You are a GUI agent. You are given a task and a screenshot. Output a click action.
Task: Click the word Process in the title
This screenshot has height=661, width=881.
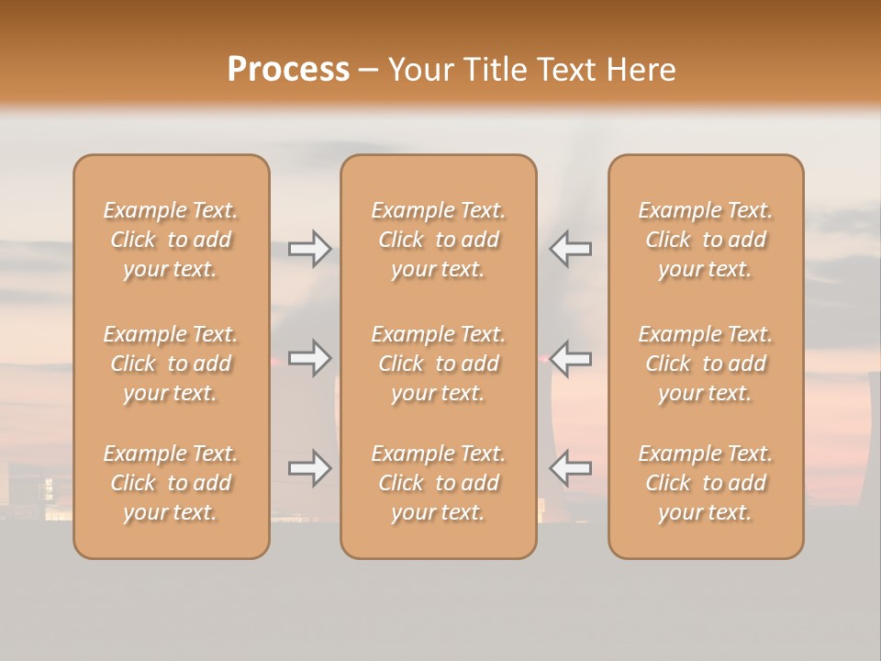point(288,70)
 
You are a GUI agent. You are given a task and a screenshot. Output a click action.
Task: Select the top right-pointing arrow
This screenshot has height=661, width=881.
point(309,249)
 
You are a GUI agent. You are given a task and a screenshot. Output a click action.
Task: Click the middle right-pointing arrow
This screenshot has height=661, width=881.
point(309,358)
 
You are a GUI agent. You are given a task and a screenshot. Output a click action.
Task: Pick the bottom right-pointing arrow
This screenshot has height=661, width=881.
point(309,468)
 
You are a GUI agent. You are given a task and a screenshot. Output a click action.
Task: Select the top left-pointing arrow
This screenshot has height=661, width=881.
point(570,249)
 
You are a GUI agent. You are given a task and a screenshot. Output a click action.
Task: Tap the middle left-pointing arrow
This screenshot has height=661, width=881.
point(570,358)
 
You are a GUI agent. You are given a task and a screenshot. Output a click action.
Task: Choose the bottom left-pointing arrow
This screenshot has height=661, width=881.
point(570,468)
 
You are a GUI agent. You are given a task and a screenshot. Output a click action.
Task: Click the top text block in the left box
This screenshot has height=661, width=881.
point(171,240)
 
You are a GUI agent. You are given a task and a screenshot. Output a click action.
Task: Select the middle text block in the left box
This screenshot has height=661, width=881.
point(171,364)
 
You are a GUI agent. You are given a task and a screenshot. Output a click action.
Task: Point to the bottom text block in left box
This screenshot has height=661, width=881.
point(171,483)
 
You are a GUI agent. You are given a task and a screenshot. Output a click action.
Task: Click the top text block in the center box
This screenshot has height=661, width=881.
point(439,240)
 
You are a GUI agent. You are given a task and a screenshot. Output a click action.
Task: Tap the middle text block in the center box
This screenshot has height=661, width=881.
point(439,364)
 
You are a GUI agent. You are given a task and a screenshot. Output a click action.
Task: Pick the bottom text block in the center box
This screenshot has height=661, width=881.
point(439,483)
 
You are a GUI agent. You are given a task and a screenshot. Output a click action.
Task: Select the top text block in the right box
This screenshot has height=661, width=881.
point(706,240)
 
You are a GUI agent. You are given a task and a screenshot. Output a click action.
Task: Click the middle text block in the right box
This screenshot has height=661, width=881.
point(706,364)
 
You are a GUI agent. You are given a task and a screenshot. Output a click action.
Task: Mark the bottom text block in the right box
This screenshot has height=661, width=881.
point(706,483)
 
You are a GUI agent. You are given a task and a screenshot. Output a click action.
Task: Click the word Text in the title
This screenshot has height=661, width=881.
point(565,70)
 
